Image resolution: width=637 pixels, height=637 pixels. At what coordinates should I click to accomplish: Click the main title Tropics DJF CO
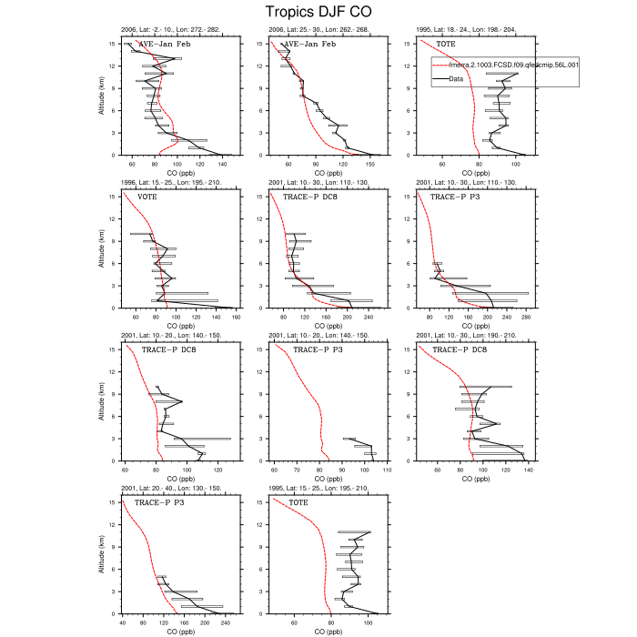click(x=318, y=12)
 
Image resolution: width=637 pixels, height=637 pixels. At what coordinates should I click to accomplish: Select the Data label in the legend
click(x=457, y=78)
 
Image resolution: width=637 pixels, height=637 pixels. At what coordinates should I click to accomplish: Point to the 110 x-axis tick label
click(x=387, y=470)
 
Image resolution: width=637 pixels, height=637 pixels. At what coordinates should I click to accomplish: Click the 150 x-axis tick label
click(x=370, y=165)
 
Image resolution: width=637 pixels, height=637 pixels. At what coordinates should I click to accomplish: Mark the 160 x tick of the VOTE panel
click(x=237, y=318)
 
